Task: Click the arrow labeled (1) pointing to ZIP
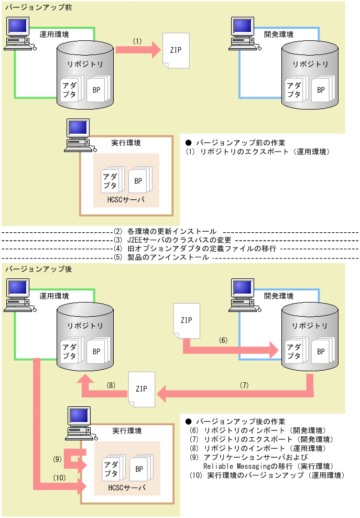pyautogui.click(x=137, y=50)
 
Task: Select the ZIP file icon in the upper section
pyautogui.click(x=176, y=50)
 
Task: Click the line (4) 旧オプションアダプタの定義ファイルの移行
pyautogui.click(x=194, y=249)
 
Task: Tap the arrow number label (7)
pyautogui.click(x=244, y=385)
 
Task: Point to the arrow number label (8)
pyautogui.click(x=111, y=385)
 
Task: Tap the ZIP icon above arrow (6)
pyautogui.click(x=187, y=320)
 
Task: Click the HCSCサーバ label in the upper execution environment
pyautogui.click(x=126, y=200)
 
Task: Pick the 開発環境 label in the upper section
pyautogui.click(x=278, y=34)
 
